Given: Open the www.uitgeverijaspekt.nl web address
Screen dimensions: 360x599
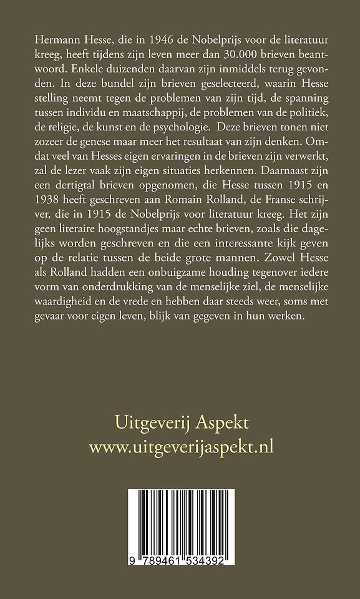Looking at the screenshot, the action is click(x=182, y=446).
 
